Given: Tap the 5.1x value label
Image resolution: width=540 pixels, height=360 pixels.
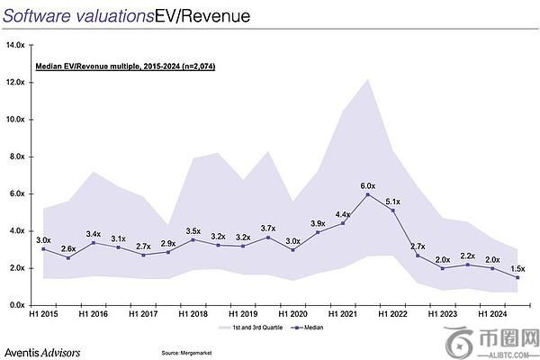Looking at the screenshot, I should [393, 202].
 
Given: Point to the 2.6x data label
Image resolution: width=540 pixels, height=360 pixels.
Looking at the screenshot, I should [68, 248].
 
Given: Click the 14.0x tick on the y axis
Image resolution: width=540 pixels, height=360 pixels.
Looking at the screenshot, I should [15, 44].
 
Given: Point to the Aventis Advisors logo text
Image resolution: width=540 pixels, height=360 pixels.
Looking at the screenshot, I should [43, 349].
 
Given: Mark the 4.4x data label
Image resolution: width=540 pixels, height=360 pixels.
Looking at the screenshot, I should [344, 214].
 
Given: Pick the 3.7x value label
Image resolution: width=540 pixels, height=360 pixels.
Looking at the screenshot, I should [267, 228].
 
